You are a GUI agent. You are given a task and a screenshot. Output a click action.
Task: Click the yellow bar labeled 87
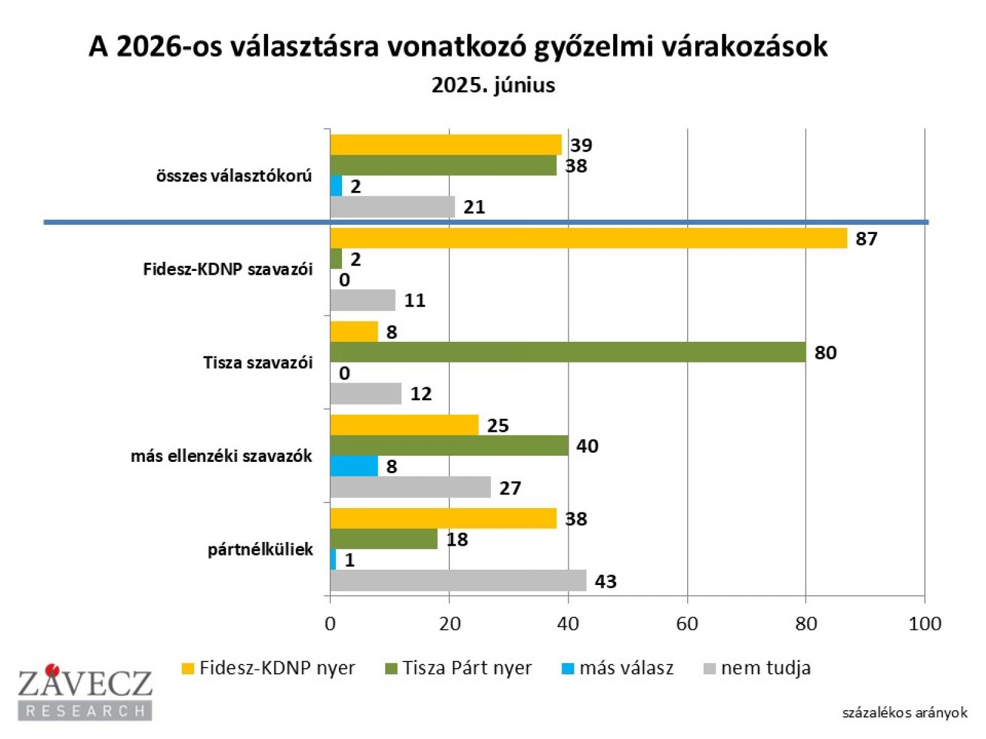[589, 238]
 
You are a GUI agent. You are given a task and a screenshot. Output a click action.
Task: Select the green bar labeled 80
[568, 352]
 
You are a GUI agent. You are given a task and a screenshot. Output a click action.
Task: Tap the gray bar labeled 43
[458, 581]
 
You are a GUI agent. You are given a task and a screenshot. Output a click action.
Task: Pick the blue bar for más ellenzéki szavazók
[354, 466]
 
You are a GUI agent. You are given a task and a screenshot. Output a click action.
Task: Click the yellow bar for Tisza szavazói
[354, 332]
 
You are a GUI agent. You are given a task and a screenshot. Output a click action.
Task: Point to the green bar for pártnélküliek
[383, 539]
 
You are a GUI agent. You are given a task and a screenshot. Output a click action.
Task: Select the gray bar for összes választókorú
[393, 207]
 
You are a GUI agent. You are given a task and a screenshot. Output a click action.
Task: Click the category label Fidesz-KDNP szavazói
[228, 269]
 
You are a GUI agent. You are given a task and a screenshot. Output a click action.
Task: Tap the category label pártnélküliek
[260, 549]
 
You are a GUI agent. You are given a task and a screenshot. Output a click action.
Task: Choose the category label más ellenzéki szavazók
[221, 456]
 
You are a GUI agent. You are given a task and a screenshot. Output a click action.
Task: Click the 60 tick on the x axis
[687, 624]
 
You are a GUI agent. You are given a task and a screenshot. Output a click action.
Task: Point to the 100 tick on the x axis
[924, 624]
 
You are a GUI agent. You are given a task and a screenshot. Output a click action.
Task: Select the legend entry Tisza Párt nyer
[467, 668]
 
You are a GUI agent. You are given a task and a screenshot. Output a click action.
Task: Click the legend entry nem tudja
[765, 668]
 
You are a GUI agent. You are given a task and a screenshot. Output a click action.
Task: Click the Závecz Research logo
[85, 692]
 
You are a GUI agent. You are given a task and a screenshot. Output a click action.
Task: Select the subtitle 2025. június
[493, 85]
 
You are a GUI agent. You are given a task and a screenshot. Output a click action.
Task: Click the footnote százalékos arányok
[905, 713]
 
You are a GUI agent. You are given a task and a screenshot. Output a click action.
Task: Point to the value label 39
[581, 145]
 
